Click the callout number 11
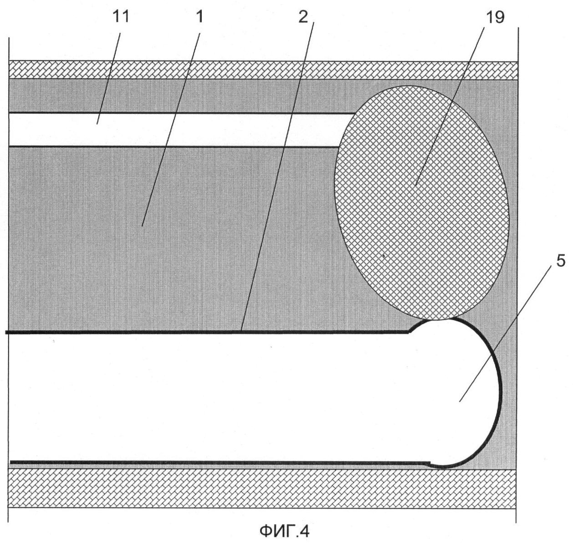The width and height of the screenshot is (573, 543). click(x=121, y=17)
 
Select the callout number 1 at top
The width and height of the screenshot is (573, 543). click(x=200, y=17)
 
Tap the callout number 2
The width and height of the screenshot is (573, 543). click(x=303, y=17)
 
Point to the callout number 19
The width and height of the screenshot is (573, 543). click(x=495, y=17)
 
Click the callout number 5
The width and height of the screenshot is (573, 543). click(x=561, y=260)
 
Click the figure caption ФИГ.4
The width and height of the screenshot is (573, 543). click(x=284, y=531)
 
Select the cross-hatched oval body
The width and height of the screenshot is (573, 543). click(x=421, y=203)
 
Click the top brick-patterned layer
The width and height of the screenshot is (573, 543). click(x=263, y=70)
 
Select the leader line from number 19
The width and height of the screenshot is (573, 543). click(x=450, y=106)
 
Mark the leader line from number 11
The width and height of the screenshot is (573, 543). click(x=109, y=78)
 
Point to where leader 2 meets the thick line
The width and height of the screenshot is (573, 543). click(x=241, y=331)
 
